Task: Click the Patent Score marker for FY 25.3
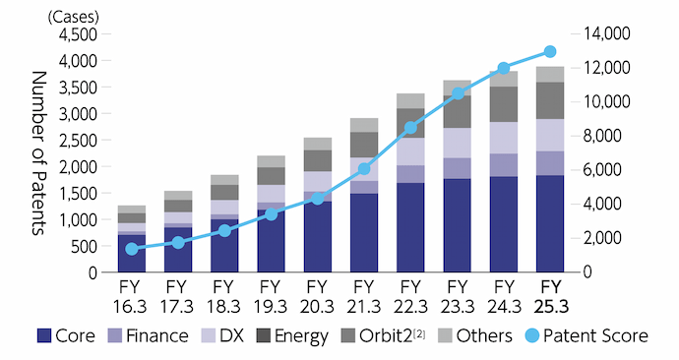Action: pos(550,51)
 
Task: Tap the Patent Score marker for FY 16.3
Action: pos(132,249)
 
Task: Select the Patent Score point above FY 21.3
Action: pos(364,169)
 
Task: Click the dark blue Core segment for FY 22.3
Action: pos(410,227)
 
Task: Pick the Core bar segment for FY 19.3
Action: pos(271,240)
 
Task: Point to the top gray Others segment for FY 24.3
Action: pos(504,79)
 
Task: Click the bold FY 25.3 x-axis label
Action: pos(550,295)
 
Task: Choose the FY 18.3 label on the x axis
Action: pos(224,295)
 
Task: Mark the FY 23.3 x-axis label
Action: pos(457,295)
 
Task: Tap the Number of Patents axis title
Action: pos(40,152)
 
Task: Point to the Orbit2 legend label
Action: pos(390,336)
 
